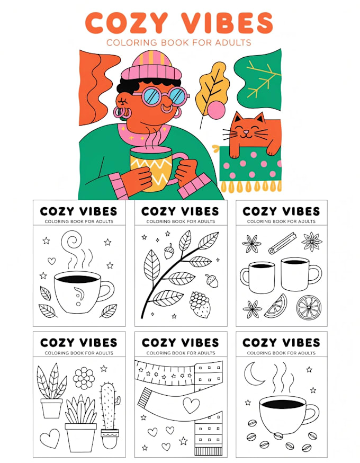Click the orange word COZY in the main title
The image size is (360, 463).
click(x=127, y=23)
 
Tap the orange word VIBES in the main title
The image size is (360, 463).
click(x=227, y=23)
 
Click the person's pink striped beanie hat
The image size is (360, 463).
click(x=151, y=66)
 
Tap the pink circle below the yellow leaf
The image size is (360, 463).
click(x=216, y=110)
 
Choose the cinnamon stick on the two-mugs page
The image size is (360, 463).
click(x=282, y=243)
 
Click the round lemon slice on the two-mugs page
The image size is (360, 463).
click(x=308, y=307)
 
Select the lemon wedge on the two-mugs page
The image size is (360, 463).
click(x=276, y=306)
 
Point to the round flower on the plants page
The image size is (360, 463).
click(x=84, y=378)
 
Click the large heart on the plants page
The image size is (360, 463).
click(x=50, y=438)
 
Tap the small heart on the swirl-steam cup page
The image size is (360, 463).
click(x=52, y=261)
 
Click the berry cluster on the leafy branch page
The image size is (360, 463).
click(x=200, y=305)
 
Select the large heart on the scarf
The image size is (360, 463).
click(x=191, y=405)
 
